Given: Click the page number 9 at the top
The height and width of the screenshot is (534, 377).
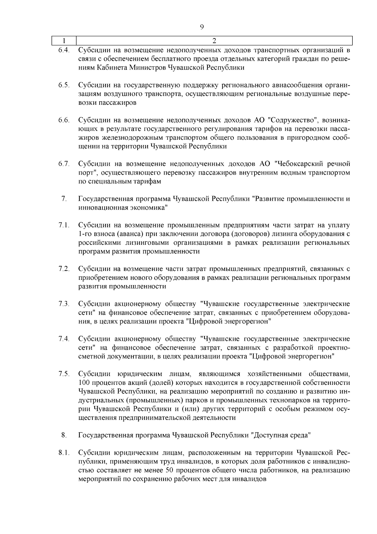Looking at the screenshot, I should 202,27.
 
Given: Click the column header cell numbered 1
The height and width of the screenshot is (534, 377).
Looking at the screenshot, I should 64,41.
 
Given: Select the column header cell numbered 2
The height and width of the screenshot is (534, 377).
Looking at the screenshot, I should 214,41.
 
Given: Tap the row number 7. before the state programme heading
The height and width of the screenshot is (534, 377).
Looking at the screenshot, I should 64,199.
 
